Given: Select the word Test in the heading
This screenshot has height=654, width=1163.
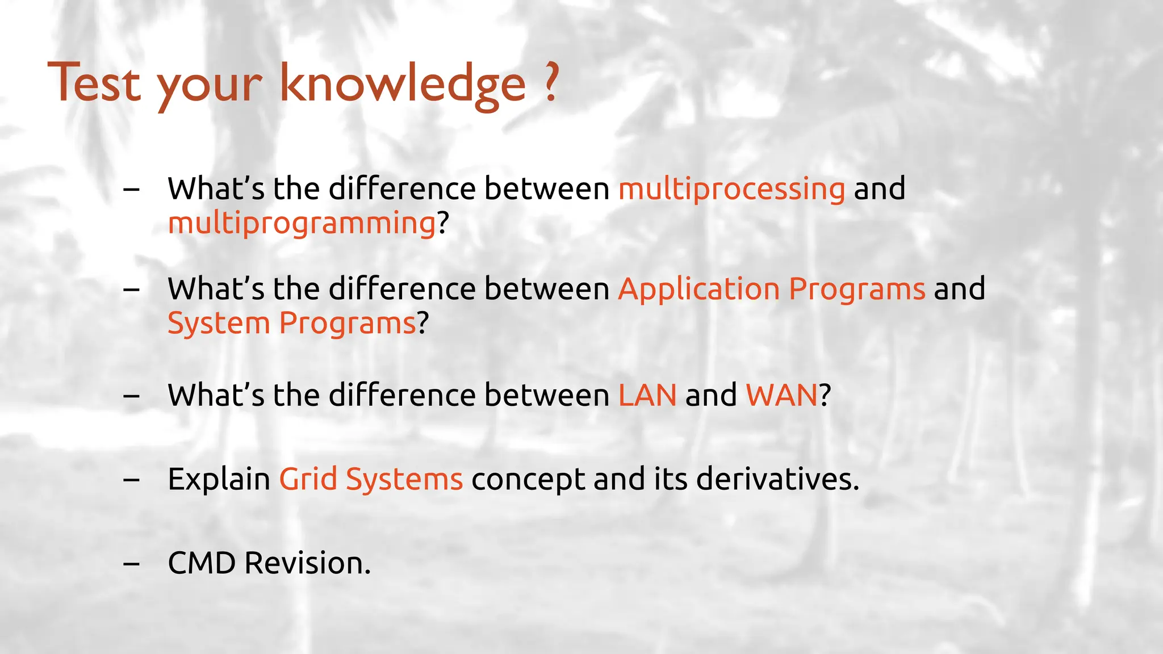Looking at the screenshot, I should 94,83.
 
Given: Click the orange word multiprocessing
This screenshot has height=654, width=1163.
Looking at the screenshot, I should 731,189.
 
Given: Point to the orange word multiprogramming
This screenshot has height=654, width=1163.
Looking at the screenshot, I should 302,223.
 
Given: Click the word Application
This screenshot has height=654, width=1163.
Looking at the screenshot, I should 698,290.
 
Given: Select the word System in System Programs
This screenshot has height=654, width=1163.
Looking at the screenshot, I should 218,324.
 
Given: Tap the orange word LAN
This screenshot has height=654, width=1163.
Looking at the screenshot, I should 647,395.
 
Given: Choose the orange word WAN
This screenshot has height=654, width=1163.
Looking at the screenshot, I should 781,395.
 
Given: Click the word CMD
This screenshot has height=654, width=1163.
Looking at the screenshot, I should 202,563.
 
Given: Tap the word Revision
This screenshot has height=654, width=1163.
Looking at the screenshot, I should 307,563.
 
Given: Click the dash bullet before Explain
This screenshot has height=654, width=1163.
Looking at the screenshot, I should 131,480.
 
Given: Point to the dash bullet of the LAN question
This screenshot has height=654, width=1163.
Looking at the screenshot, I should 131,396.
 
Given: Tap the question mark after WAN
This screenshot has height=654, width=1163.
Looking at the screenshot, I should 825,395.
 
